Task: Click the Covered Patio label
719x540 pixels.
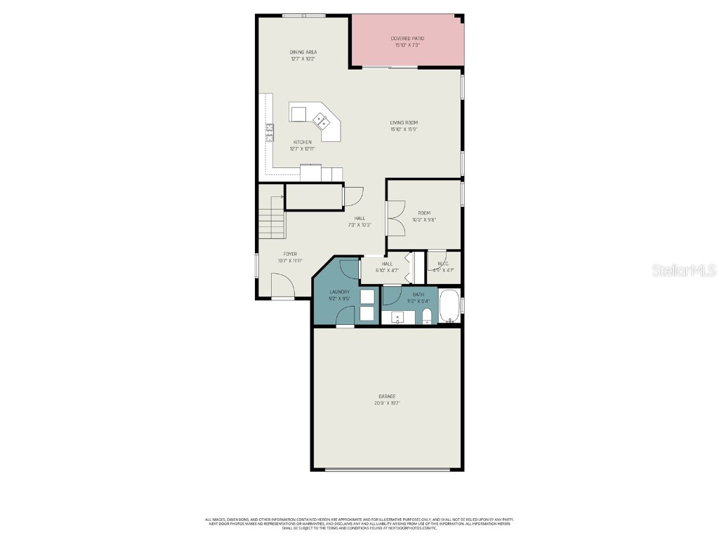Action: [x=407, y=39]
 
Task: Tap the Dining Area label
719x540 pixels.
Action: [x=303, y=52]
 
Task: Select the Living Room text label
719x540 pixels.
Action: [x=404, y=122]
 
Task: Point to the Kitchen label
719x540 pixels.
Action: [x=302, y=142]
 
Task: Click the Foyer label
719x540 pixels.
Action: [x=289, y=254]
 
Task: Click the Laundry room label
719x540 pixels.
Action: [x=339, y=292]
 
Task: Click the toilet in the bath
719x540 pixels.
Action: [x=428, y=319]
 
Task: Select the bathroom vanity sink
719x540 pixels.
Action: [x=398, y=317]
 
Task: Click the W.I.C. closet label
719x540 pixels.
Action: [x=443, y=264]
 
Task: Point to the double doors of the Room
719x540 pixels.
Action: [x=395, y=218]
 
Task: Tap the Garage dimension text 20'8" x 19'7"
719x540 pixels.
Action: [x=388, y=404]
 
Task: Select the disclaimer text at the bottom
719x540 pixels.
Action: [x=359, y=523]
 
